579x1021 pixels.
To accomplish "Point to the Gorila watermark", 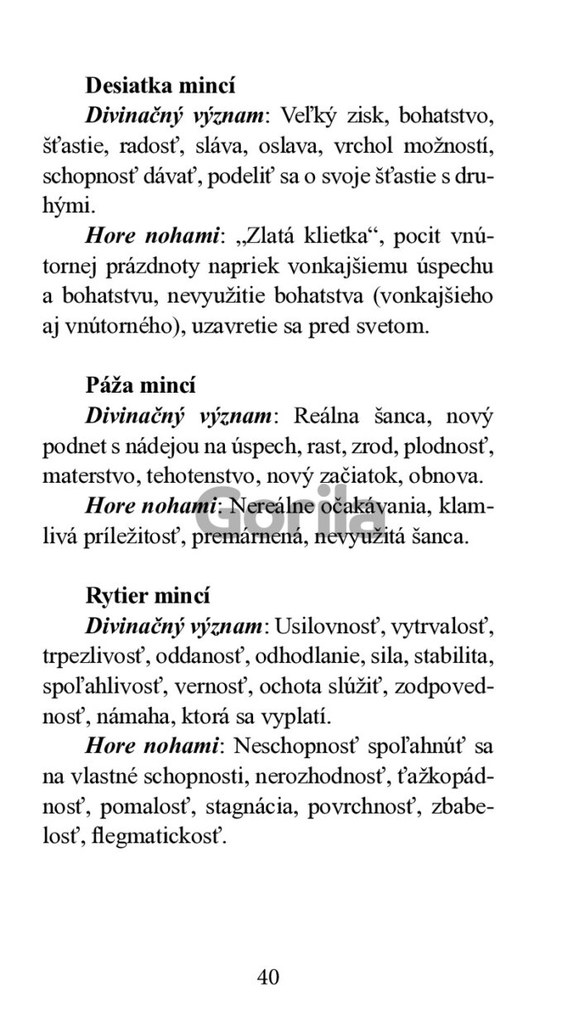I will coord(289,521).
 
